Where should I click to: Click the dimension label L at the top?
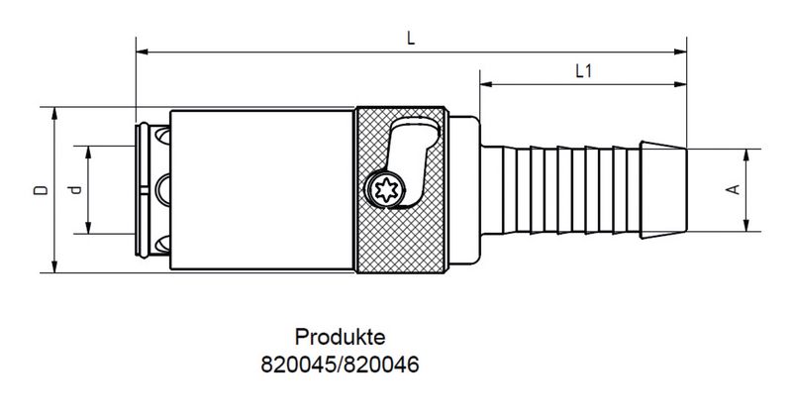pos(410,37)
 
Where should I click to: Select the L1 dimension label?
pos(583,70)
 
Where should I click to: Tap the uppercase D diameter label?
pos(38,189)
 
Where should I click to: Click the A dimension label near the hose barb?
pos(732,189)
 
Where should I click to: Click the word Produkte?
pos(339,338)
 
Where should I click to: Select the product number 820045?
pos(297,364)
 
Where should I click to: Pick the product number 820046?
pos(380,364)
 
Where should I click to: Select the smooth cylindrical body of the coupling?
pos(262,189)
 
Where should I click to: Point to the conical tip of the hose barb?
pos(662,189)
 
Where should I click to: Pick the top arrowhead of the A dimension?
pos(748,154)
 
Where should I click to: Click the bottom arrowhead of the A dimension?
pos(748,225)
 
